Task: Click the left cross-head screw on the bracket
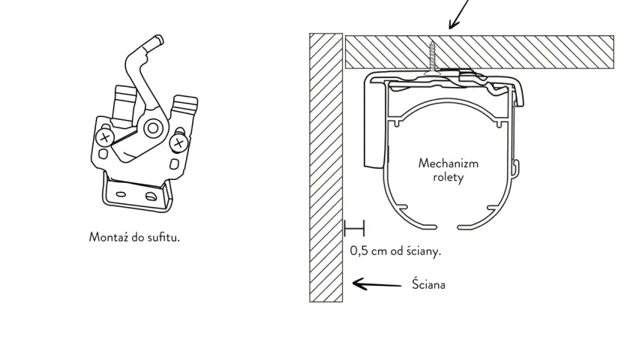pyautogui.click(x=105, y=138)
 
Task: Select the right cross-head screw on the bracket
pyautogui.click(x=178, y=142)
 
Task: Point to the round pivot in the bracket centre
pyautogui.click(x=153, y=128)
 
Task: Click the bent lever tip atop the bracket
pyautogui.click(x=158, y=40)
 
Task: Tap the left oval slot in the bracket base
pyautogui.click(x=121, y=194)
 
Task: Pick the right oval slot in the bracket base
pyautogui.click(x=151, y=196)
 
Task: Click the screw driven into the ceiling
pyautogui.click(x=432, y=58)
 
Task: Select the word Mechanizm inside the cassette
pyautogui.click(x=448, y=163)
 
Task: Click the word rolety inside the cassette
pyautogui.click(x=448, y=177)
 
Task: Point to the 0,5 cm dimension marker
pyautogui.click(x=354, y=228)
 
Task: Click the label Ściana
pyautogui.click(x=428, y=284)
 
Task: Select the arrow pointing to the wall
pyautogui.click(x=376, y=284)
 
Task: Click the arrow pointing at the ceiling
pyautogui.click(x=458, y=14)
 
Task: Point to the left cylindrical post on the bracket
pyautogui.click(x=124, y=105)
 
